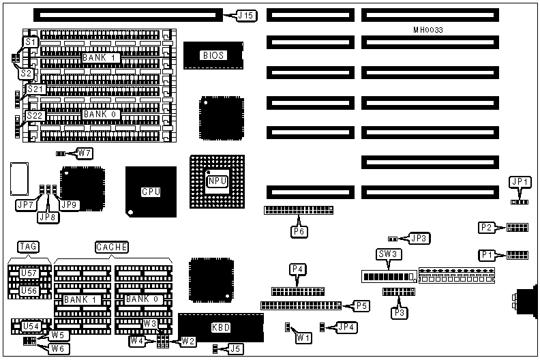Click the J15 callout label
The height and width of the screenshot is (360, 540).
click(x=245, y=14)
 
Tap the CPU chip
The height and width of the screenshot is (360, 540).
click(x=151, y=192)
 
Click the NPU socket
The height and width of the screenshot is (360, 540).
click(x=216, y=180)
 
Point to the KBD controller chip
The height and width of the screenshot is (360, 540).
click(x=220, y=328)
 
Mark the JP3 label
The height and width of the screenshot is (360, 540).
click(x=419, y=238)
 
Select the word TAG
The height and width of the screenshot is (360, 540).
click(x=28, y=246)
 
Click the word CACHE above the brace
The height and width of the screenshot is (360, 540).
click(x=112, y=246)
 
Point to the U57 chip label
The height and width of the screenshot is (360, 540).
click(x=28, y=273)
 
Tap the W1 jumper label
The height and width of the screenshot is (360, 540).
click(x=302, y=336)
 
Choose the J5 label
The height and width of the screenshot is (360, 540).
click(x=235, y=349)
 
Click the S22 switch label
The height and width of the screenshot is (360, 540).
click(x=35, y=116)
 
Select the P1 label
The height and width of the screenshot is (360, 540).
click(x=487, y=255)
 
